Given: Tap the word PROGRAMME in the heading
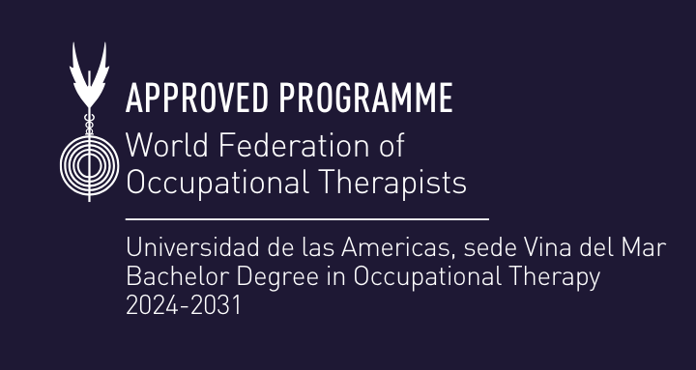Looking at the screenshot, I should [365, 98].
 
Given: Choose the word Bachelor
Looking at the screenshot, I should [167, 277].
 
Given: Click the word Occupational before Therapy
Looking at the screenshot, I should [425, 277].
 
